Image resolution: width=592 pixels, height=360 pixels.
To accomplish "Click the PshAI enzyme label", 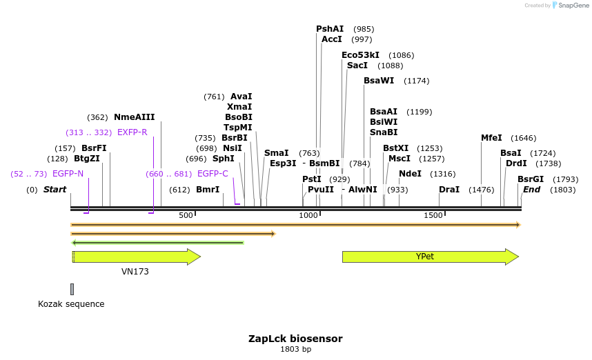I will (x=330, y=29).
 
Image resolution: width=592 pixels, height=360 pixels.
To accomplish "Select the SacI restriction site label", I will (x=357, y=66).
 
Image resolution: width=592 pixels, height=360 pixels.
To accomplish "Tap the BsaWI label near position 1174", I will (x=379, y=81).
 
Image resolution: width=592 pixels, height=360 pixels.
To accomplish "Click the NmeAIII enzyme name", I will (x=135, y=117).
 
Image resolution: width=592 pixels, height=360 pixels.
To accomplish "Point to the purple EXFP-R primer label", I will (x=132, y=132).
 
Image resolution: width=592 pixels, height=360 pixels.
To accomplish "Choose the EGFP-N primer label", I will (x=68, y=174).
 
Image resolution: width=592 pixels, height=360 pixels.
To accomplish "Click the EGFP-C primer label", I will (x=213, y=174).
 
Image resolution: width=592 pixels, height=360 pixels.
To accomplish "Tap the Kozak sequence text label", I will (x=71, y=303).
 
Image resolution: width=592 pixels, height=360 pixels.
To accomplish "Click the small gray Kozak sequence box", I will (x=72, y=289).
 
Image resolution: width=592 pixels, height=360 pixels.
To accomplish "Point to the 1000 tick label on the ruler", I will (x=308, y=216).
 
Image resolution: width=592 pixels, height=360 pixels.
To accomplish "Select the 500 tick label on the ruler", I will (x=186, y=216).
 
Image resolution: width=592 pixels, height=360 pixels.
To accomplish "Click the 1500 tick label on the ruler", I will (x=433, y=216).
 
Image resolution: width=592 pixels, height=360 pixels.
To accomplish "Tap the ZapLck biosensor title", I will (x=295, y=339).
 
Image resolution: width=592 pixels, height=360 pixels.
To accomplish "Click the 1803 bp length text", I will (x=295, y=350).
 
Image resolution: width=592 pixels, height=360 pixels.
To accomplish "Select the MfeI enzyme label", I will (x=491, y=138).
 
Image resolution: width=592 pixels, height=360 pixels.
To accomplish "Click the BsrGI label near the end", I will (x=531, y=179).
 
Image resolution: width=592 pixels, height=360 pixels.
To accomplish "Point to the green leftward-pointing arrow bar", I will (x=157, y=243).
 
